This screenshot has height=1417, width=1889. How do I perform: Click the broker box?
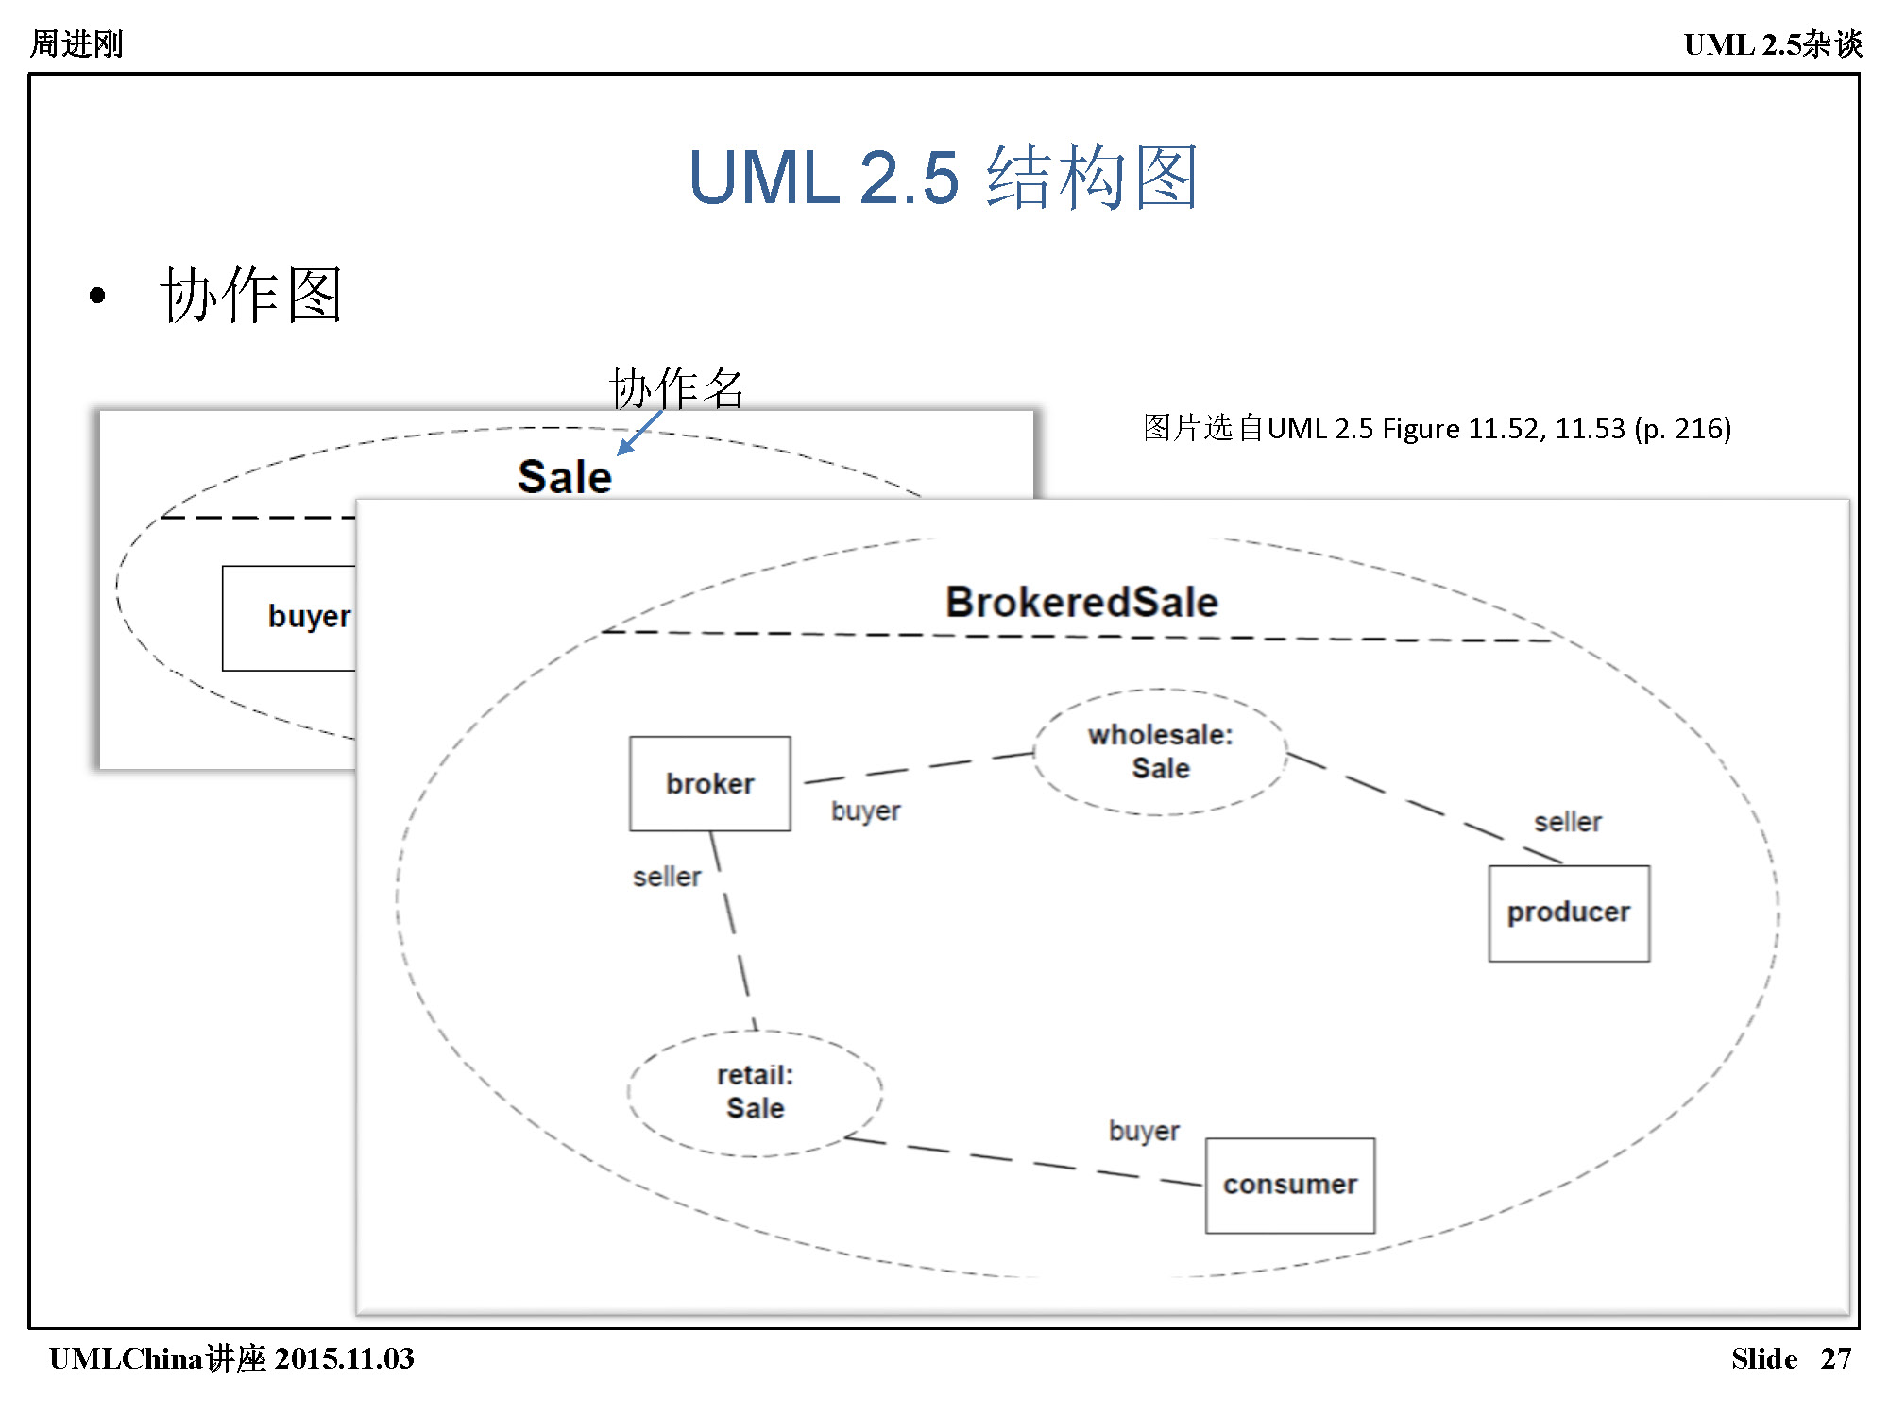[x=709, y=783]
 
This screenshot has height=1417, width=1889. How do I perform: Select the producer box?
[x=1569, y=913]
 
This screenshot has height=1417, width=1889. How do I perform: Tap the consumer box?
[x=1289, y=1185]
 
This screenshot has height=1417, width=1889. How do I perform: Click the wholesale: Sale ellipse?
[x=1160, y=752]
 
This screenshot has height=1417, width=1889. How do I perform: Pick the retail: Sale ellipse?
[x=755, y=1092]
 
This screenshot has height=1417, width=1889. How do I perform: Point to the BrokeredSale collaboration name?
[x=1081, y=602]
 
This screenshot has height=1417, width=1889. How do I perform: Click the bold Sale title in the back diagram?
[x=565, y=476]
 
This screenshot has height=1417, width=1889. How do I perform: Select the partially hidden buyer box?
[x=289, y=617]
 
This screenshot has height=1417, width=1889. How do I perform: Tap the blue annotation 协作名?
[x=676, y=387]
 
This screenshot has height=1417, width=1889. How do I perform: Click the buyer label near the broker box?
[x=865, y=811]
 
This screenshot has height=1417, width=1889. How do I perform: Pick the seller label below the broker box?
[x=667, y=877]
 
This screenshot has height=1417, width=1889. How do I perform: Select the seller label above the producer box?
[x=1567, y=822]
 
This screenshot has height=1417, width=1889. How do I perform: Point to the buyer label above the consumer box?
[x=1144, y=1131]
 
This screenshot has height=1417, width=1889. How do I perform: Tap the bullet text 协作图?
[x=250, y=295]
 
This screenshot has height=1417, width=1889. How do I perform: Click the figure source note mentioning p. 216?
[x=1437, y=429]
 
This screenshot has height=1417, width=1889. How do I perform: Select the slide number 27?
[x=1835, y=1358]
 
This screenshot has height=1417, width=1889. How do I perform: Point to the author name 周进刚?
[x=77, y=43]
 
